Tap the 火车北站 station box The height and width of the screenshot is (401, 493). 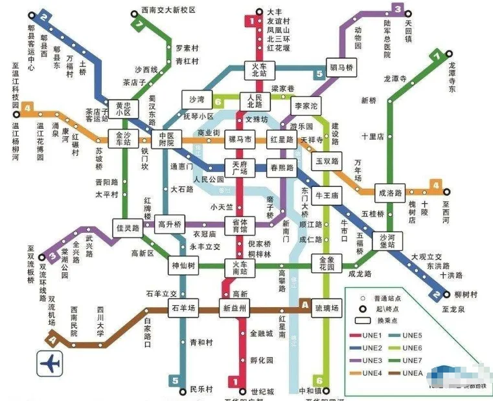tap(259, 70)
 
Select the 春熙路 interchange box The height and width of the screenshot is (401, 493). tap(281, 168)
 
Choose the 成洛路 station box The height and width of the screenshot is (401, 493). tap(389, 192)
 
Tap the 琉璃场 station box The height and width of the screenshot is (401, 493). tap(326, 308)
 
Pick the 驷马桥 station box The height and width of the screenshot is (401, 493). tap(341, 68)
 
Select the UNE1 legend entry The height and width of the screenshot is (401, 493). tap(366, 335)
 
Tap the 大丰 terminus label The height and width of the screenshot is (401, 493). tap(274, 12)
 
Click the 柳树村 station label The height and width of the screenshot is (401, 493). tap(466, 294)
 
